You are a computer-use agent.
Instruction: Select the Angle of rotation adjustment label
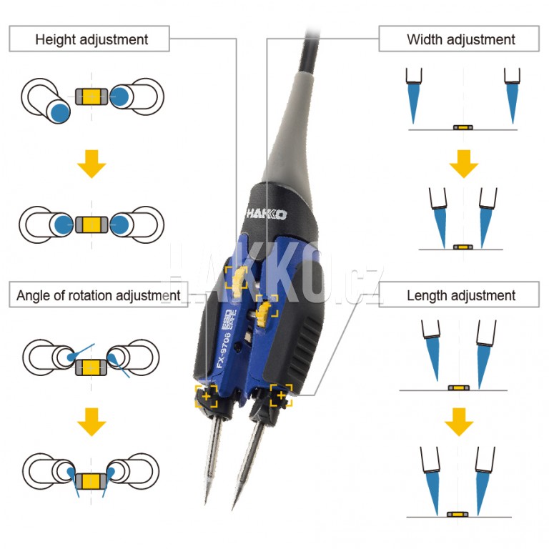[x=97, y=295]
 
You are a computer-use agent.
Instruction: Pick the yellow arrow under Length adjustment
[x=458, y=425]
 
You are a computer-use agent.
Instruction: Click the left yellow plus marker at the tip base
[x=207, y=395]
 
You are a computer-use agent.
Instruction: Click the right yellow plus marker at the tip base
[x=281, y=395]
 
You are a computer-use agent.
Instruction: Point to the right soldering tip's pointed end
[x=234, y=508]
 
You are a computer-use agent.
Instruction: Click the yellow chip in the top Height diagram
[x=91, y=97]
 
